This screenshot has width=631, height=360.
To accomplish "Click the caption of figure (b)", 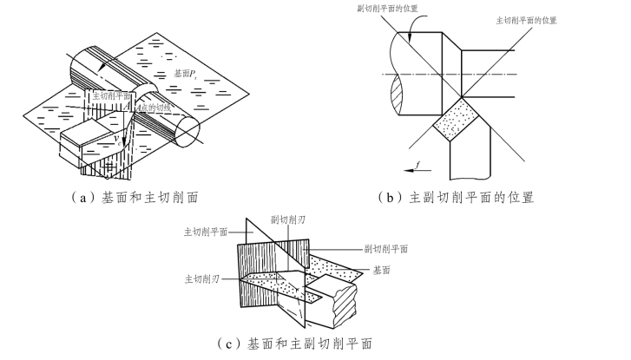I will point(457,198).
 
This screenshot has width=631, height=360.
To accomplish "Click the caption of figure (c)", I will point(298,344).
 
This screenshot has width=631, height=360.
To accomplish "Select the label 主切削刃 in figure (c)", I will point(200,279).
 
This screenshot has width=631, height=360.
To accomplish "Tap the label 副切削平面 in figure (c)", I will point(386,249).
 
